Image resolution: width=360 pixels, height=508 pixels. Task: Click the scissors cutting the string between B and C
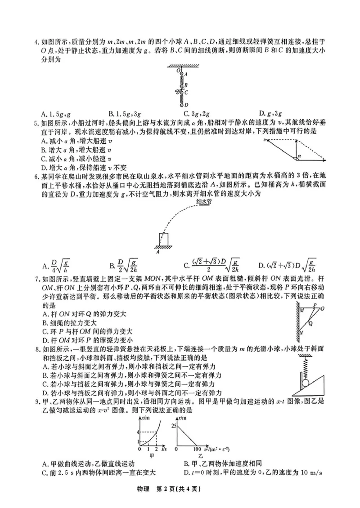pyautogui.click(x=178, y=91)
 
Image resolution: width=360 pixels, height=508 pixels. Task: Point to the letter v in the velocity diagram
pyautogui.click(x=265, y=140)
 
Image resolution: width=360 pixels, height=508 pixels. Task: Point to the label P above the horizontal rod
pyautogui.click(x=315, y=304)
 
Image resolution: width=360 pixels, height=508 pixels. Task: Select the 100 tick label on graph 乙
pyautogui.click(x=197, y=449)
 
